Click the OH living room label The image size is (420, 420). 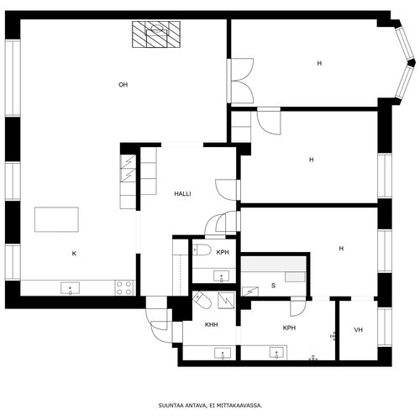123,85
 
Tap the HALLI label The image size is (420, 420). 182,193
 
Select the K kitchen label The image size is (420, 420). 74,254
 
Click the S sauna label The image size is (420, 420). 273,286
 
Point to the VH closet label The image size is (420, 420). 359,330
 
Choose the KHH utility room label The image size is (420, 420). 212,325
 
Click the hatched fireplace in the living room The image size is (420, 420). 156,34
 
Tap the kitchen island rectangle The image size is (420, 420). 56,219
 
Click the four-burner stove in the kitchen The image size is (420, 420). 124,288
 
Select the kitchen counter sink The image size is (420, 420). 70,288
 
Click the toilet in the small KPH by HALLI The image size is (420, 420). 202,249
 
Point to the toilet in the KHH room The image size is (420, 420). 202,300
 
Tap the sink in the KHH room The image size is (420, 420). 223,354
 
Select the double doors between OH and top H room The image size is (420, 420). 241,81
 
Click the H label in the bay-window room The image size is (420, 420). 319,63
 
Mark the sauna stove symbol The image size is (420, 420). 250,291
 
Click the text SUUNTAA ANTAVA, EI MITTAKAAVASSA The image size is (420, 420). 210,405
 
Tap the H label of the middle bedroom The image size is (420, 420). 311,160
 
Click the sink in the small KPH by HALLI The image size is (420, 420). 221,276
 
